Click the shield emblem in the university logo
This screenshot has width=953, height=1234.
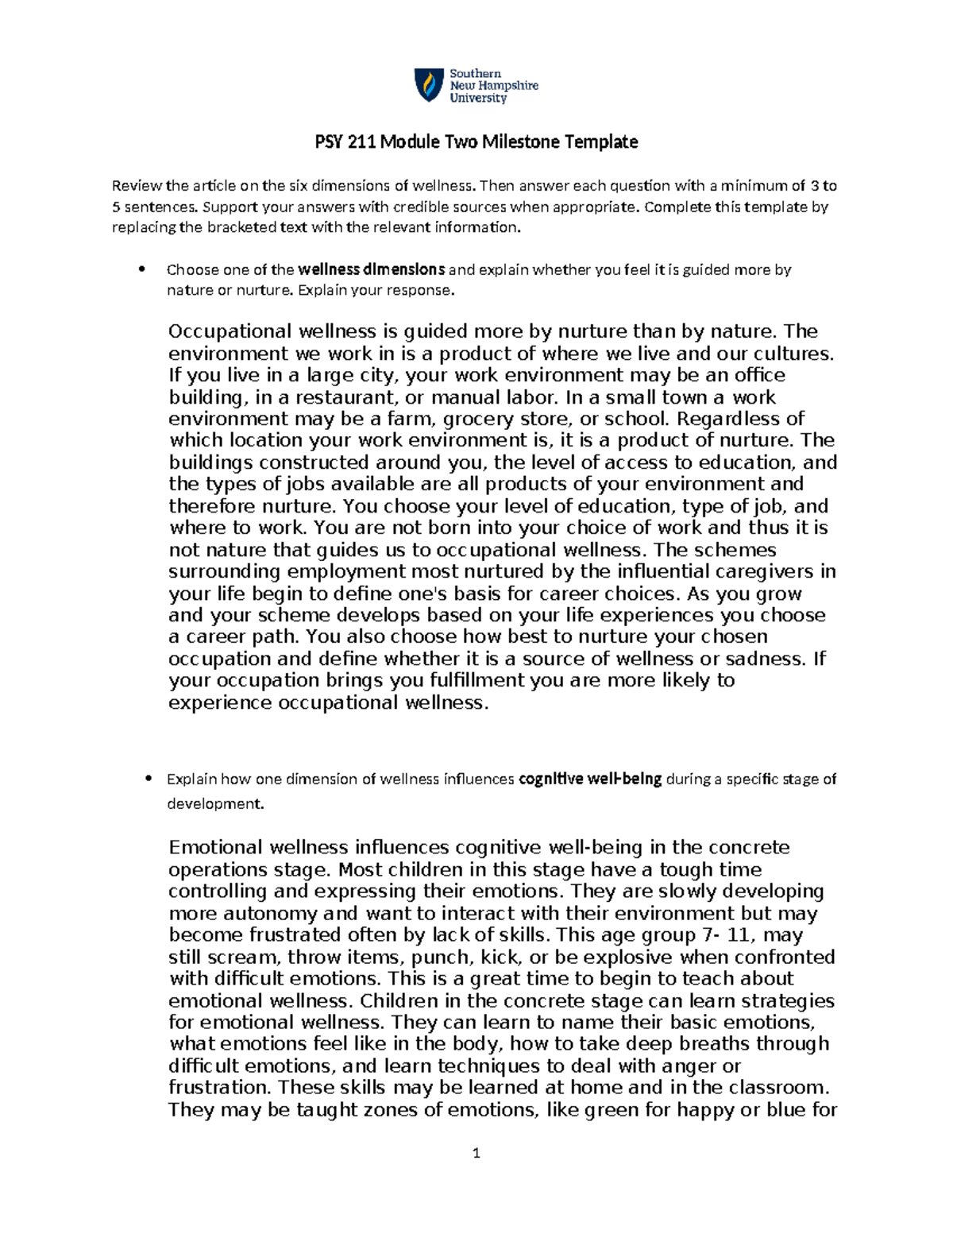coord(429,85)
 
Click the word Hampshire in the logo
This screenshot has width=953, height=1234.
coord(506,86)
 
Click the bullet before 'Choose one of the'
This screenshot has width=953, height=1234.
coord(142,269)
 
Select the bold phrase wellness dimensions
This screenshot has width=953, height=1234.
coord(371,269)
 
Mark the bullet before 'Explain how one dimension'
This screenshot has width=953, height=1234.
coord(148,779)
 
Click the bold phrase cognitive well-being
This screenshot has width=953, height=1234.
coord(590,779)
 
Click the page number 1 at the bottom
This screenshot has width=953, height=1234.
coord(476,1153)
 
